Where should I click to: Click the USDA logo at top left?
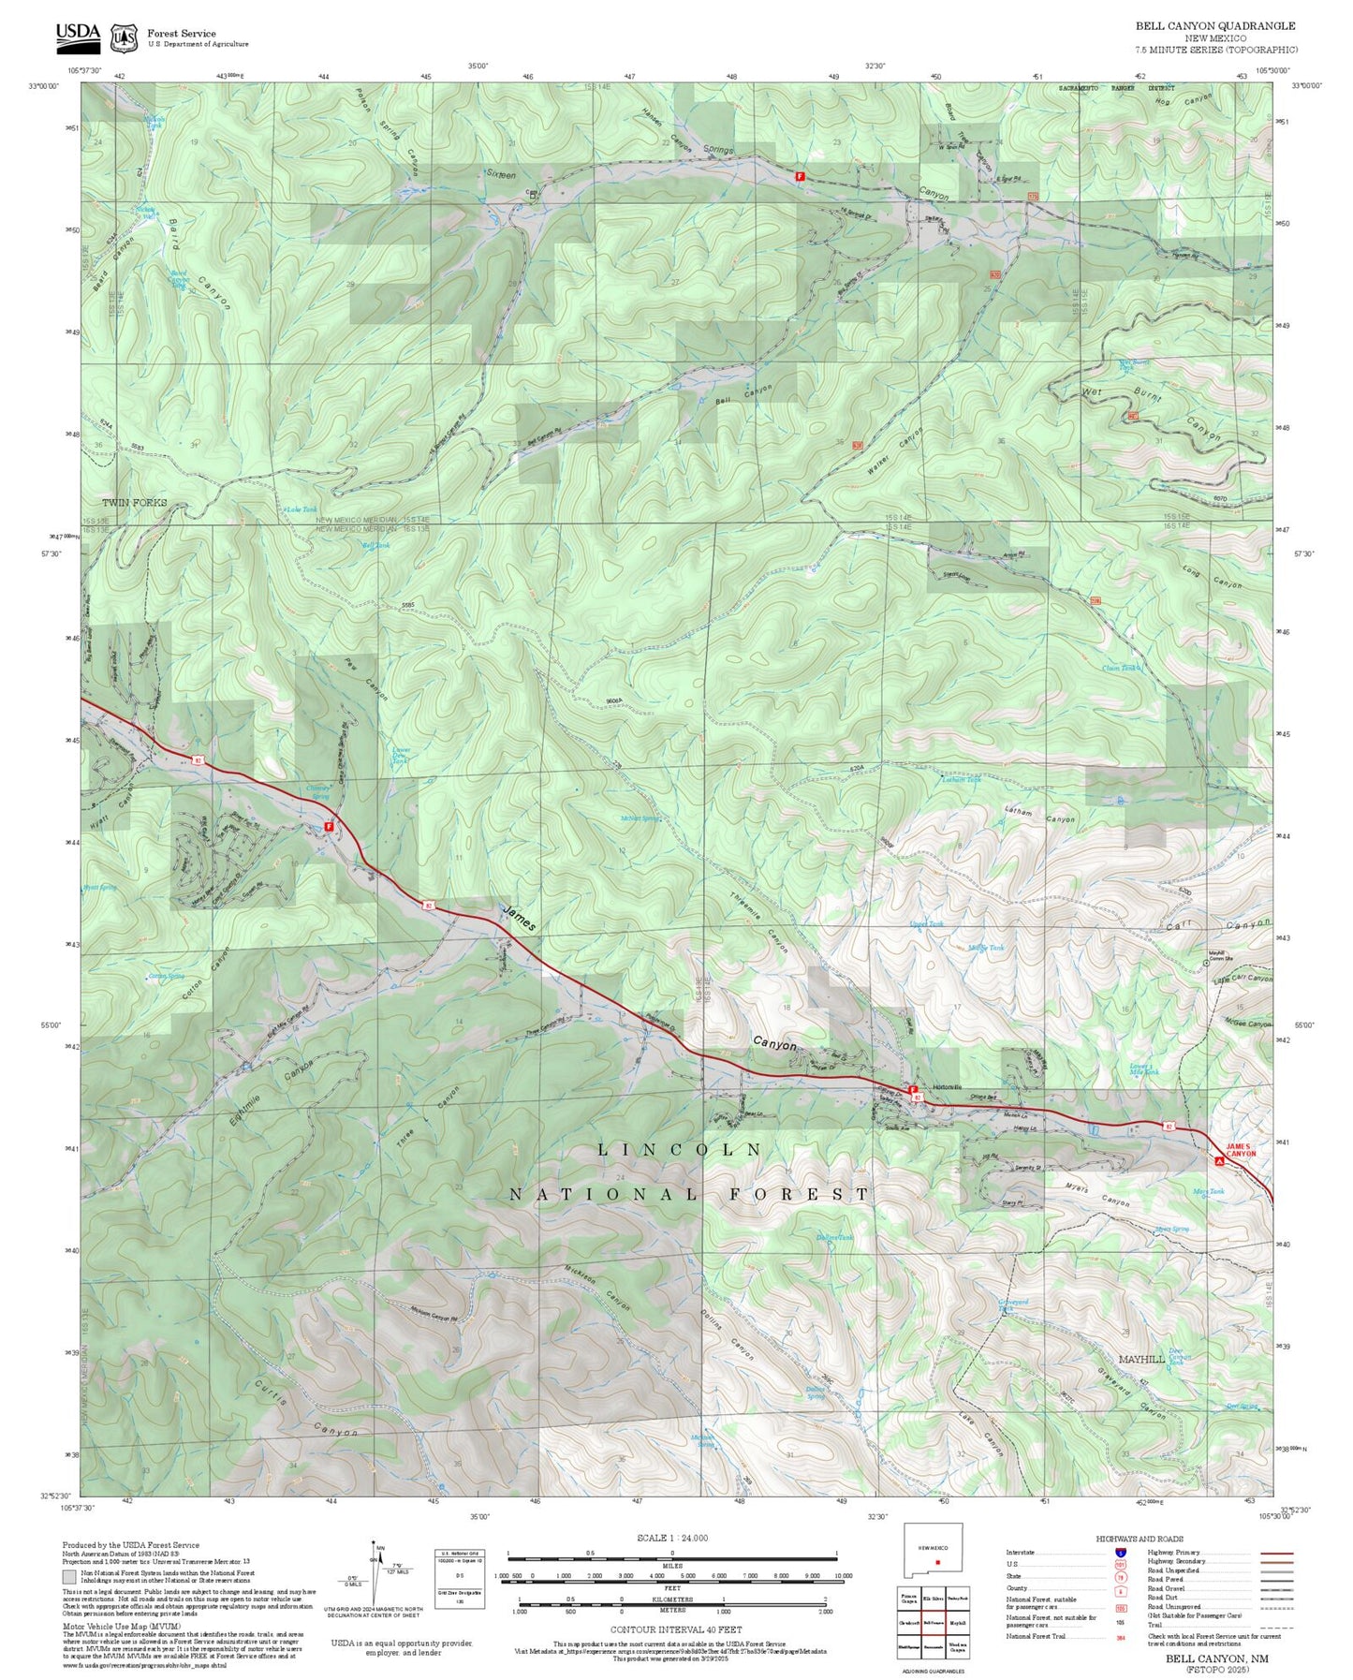[x=77, y=35]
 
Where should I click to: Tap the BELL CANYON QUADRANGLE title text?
[x=1215, y=26]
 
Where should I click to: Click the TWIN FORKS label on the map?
[x=135, y=503]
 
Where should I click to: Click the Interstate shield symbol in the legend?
[x=1120, y=1552]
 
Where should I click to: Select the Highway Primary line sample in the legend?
[x=1275, y=1552]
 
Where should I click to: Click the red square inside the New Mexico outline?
[x=938, y=1561]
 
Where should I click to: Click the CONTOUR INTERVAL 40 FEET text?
[x=671, y=1628]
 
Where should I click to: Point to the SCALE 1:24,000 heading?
[x=671, y=1538]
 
